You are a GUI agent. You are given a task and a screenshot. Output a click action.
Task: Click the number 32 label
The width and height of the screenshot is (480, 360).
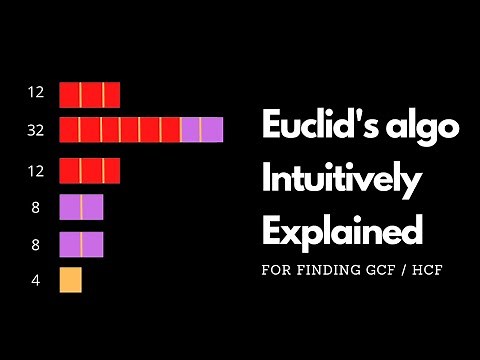click(x=36, y=129)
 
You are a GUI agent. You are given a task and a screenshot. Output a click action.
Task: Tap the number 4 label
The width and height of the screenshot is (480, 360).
click(x=36, y=281)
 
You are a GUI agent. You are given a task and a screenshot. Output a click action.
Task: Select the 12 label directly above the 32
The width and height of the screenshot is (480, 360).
click(x=36, y=93)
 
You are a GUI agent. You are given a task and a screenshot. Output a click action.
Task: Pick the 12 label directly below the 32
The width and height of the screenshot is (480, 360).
click(x=36, y=171)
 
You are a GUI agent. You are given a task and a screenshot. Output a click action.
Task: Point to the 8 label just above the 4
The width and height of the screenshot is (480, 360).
click(x=36, y=244)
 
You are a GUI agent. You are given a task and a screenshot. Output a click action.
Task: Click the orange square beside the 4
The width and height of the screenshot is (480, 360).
click(x=71, y=280)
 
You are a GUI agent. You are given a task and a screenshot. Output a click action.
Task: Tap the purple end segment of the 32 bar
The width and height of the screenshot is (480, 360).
click(x=201, y=129)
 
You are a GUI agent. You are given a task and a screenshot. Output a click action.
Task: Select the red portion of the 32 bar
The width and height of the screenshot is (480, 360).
click(x=120, y=129)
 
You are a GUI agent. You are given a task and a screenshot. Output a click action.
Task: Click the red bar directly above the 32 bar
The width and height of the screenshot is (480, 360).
click(x=90, y=94)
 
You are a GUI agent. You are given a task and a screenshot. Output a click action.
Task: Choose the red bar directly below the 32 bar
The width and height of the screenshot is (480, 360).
click(x=90, y=171)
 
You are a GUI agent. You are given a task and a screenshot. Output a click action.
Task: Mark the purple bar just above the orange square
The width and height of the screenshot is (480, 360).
click(x=81, y=244)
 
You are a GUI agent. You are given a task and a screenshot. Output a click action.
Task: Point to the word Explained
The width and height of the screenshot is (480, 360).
click(x=340, y=232)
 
